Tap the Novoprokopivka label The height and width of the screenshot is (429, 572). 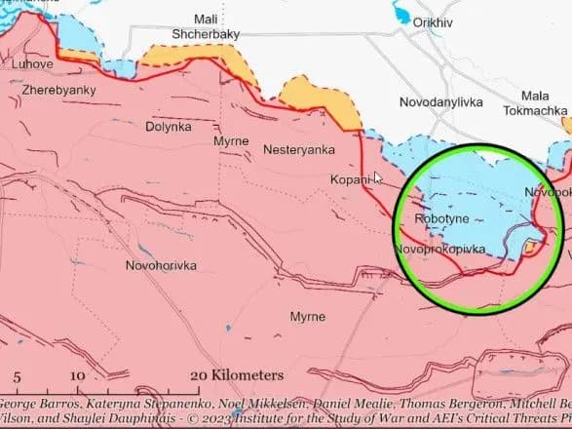click(x=440, y=250)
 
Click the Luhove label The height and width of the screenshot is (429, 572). click(x=32, y=64)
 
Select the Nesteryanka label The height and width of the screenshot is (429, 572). click(x=299, y=149)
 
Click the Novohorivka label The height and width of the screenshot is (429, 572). click(x=161, y=265)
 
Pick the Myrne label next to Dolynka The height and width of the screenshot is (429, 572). click(x=230, y=141)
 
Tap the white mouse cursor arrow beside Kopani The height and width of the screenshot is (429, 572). click(x=379, y=178)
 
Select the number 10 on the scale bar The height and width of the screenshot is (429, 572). click(x=78, y=375)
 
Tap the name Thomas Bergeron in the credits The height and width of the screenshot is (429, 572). click(x=439, y=402)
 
